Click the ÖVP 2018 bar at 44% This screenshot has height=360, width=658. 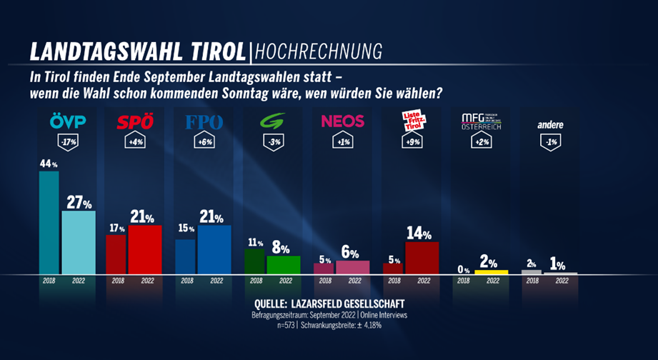pyautogui.click(x=49, y=222)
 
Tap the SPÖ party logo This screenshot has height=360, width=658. pyautogui.click(x=134, y=123)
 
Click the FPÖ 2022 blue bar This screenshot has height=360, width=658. pyautogui.click(x=214, y=249)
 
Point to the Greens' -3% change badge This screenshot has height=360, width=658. pyautogui.click(x=272, y=142)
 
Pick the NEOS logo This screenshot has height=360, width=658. pyautogui.click(x=342, y=122)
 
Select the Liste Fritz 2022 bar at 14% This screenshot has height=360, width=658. pyautogui.click(x=422, y=257)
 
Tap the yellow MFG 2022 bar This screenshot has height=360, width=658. pyautogui.click(x=492, y=272)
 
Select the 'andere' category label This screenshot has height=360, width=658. pyautogui.click(x=550, y=124)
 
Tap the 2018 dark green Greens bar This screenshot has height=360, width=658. pyautogui.click(x=254, y=261)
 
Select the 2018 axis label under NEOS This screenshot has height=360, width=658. pyautogui.click(x=324, y=281)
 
